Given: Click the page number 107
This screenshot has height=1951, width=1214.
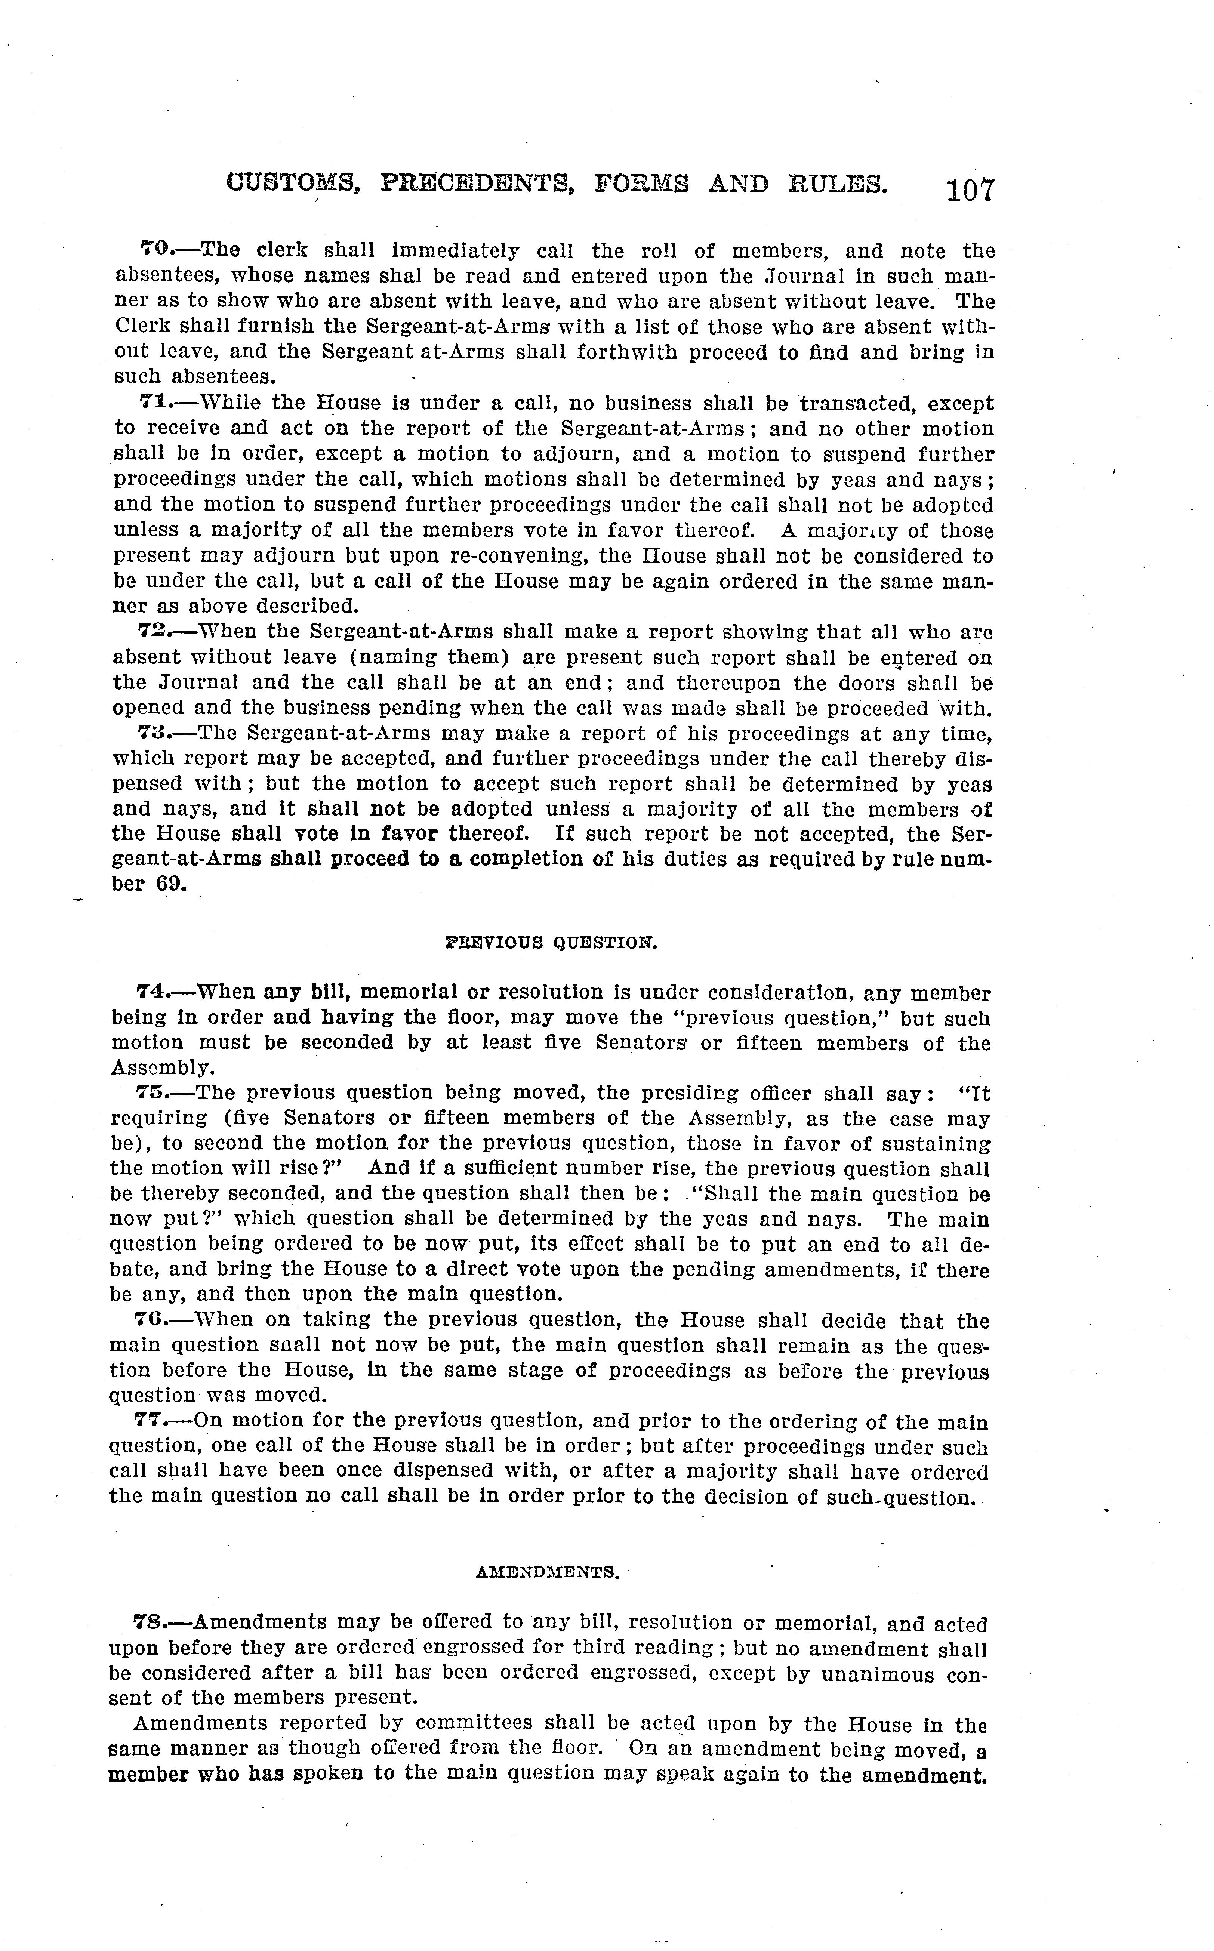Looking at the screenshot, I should click(970, 190).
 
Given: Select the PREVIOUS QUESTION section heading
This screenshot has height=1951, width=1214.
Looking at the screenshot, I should click(551, 943).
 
